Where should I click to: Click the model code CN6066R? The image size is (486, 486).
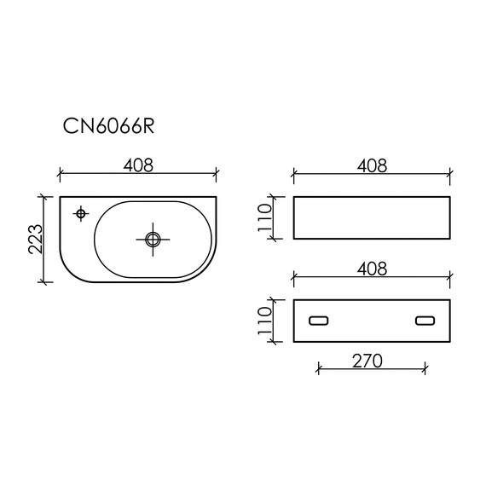tap(108, 125)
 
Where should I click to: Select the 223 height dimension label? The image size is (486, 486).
tap(34, 241)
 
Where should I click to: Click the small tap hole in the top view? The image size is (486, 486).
tap(82, 213)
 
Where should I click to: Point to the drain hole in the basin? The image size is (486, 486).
tap(153, 240)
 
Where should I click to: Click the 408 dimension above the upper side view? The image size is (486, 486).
tap(371, 165)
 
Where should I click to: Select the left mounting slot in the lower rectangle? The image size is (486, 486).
tap(318, 321)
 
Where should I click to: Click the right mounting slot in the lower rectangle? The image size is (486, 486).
tap(425, 321)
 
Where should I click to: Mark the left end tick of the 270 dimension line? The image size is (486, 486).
tap(318, 369)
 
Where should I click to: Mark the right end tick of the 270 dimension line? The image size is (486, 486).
tap(425, 369)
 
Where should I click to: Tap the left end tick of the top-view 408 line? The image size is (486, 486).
tap(60, 176)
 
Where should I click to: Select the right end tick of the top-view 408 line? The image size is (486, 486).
tap(217, 176)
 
